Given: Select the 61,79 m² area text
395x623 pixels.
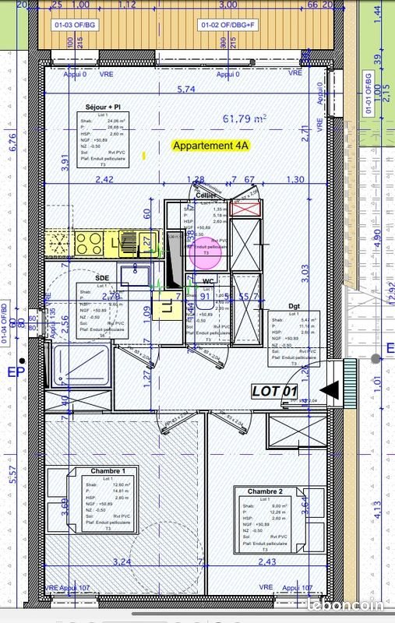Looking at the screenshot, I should pos(245,119).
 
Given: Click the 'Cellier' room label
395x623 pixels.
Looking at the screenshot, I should pos(206,195).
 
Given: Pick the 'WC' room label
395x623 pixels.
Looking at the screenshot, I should pos(207,282).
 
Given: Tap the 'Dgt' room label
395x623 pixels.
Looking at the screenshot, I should pos(294,306).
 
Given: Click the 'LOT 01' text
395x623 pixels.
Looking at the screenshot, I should pos(274,391).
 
